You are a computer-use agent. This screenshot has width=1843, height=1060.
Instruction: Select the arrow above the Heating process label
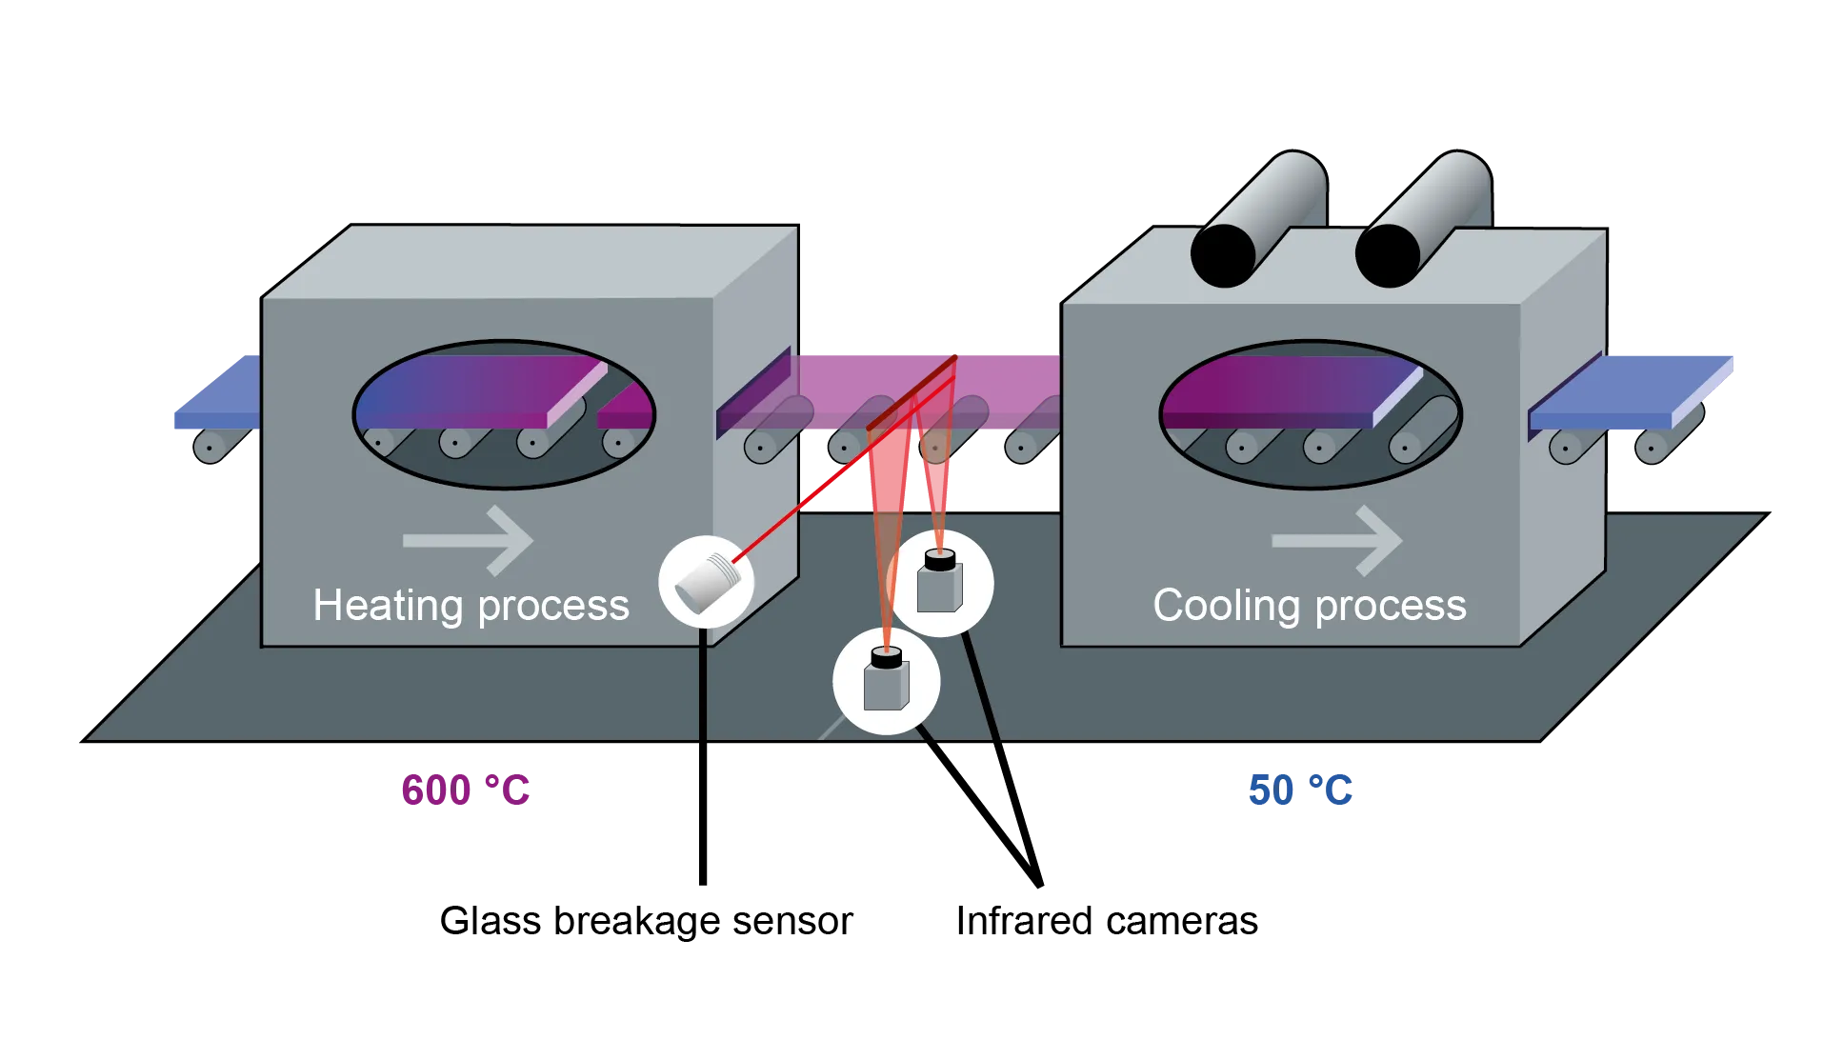(x=469, y=540)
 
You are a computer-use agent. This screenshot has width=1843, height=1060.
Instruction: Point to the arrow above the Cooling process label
(x=1337, y=540)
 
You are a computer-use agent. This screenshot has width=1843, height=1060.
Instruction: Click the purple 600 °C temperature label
(x=465, y=790)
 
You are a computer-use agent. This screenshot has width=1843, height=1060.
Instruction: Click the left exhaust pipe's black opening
(x=1223, y=254)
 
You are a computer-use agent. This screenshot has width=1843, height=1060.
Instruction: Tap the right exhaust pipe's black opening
(x=1388, y=254)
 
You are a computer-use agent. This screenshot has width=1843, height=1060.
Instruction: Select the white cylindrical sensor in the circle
(x=706, y=582)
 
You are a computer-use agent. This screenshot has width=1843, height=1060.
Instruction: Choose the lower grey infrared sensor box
(x=886, y=683)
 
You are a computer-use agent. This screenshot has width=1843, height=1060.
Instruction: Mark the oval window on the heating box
(x=504, y=414)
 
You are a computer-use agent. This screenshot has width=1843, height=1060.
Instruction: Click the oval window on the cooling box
(x=1311, y=414)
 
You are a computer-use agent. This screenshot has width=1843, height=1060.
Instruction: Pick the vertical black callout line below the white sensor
(x=702, y=762)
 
